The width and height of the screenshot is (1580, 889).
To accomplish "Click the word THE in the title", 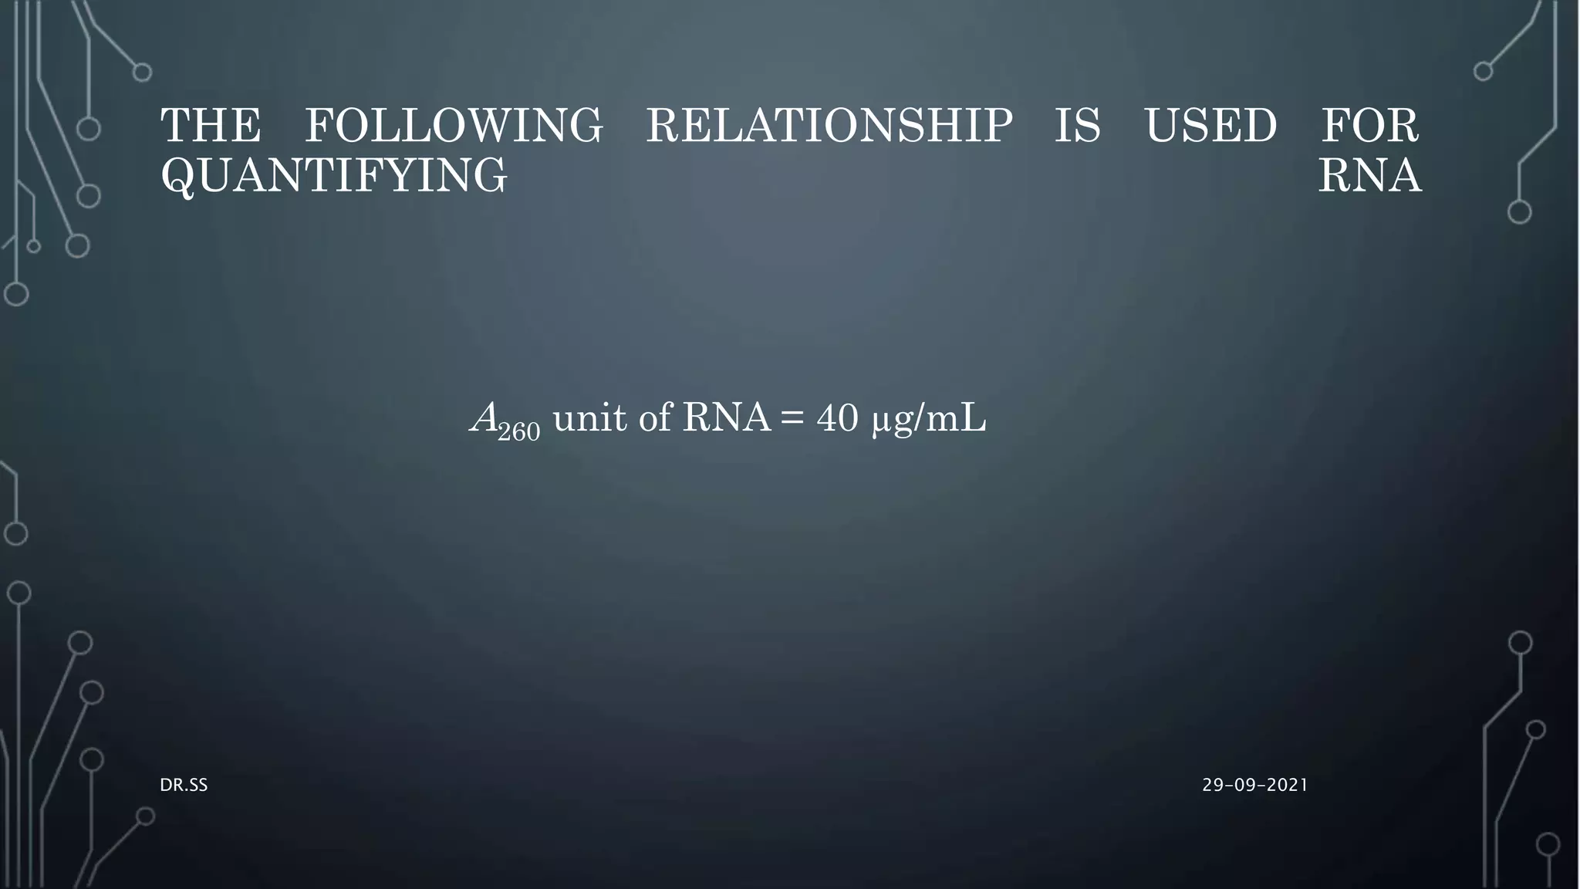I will coord(211,126).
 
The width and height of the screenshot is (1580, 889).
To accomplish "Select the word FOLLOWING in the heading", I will coord(454,126).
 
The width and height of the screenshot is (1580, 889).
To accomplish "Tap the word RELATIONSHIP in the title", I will coord(829,126).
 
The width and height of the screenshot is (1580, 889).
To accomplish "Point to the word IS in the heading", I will coord(1078,126).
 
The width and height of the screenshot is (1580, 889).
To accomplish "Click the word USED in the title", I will coord(1210,126).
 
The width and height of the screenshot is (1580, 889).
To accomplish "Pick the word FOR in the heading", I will coord(1370,126).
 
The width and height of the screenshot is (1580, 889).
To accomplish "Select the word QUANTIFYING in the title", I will coord(334,175).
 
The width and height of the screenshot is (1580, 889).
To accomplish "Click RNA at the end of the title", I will coord(1370,175).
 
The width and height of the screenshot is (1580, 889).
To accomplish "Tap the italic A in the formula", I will coord(484,418).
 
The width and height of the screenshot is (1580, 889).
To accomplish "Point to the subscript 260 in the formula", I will coord(519,431).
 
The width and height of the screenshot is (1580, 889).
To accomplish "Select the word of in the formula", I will coord(655,418).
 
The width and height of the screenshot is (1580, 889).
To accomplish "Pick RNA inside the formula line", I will coord(726,418).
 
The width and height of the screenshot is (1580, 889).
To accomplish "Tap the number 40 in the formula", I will coord(837,418).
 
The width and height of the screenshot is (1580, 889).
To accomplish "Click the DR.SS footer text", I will coord(184,786).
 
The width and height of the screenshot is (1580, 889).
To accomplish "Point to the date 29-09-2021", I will coord(1255,786).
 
